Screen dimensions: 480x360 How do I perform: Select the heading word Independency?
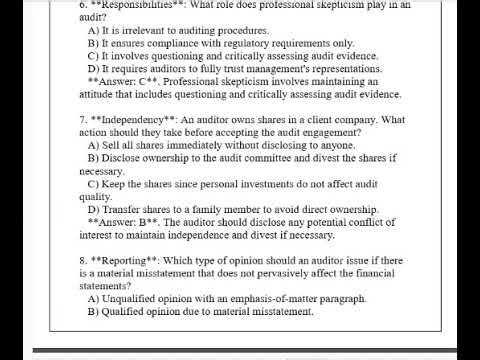coord(130,121)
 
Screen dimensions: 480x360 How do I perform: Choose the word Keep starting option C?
coord(116,184)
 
